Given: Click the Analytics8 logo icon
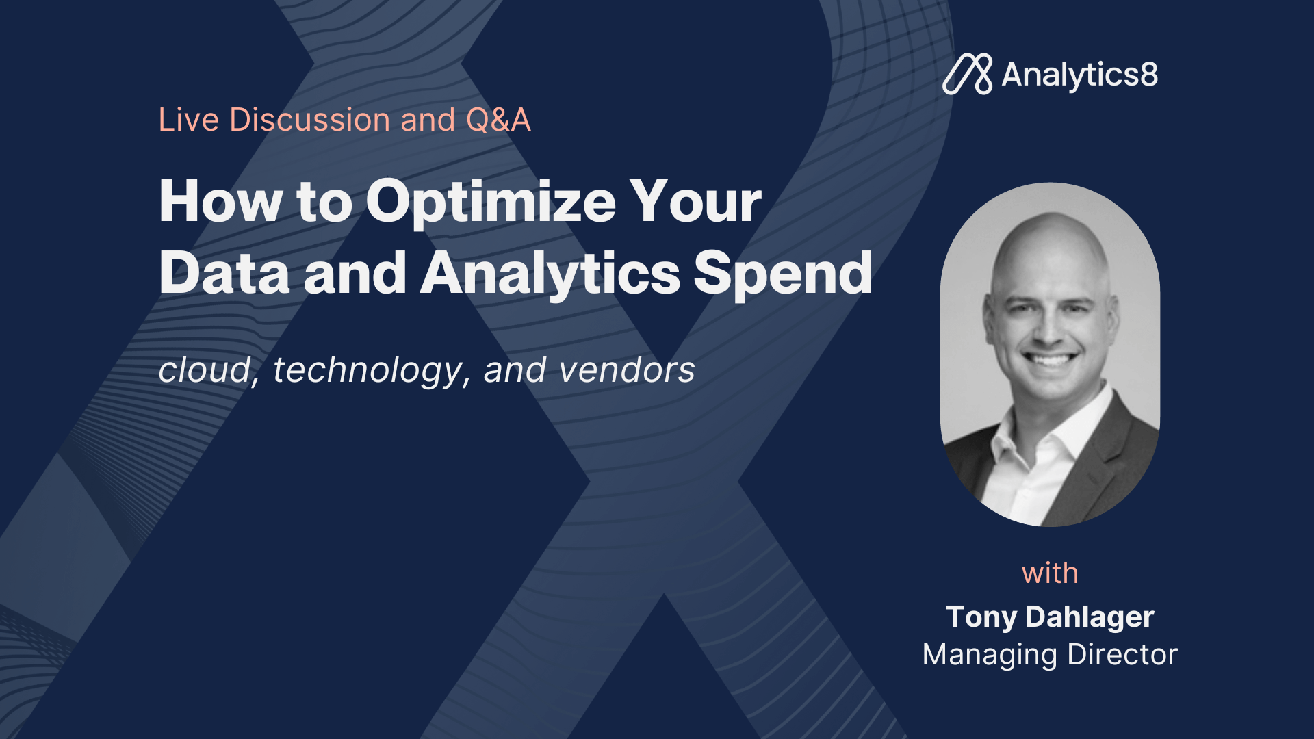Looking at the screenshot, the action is [x=968, y=74].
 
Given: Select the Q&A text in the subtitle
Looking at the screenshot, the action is [x=498, y=120].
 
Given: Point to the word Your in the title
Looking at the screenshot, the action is [x=695, y=201].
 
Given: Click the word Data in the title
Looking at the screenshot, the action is [x=225, y=273].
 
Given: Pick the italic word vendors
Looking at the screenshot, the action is [x=627, y=370].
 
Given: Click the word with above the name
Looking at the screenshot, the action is [x=1050, y=573].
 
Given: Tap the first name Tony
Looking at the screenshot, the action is [x=981, y=618].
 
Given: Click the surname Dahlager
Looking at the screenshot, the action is [x=1090, y=617].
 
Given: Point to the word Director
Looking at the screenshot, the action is [x=1122, y=655].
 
